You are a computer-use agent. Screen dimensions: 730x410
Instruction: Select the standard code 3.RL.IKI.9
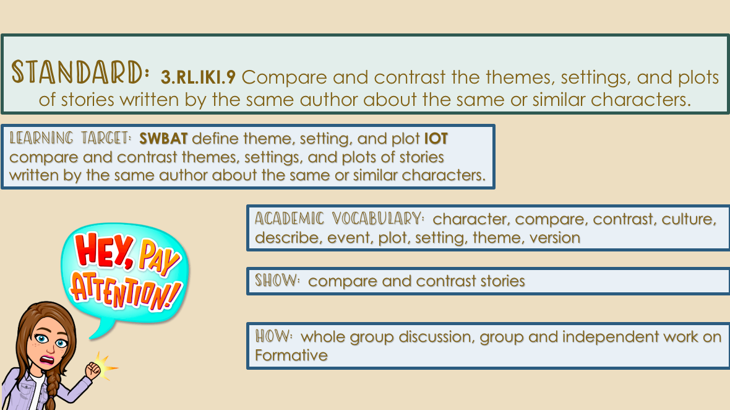(199, 77)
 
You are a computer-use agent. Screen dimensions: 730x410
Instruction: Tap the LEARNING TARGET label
(71, 138)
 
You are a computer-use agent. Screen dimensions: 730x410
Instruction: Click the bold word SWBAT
(163, 138)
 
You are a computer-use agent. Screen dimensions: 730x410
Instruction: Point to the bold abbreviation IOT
(436, 138)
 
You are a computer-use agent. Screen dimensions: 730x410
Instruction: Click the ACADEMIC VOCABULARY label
(340, 219)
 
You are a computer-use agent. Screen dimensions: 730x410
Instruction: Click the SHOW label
(278, 281)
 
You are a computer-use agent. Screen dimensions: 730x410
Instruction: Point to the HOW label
(273, 336)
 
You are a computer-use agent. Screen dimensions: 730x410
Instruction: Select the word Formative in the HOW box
(291, 355)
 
